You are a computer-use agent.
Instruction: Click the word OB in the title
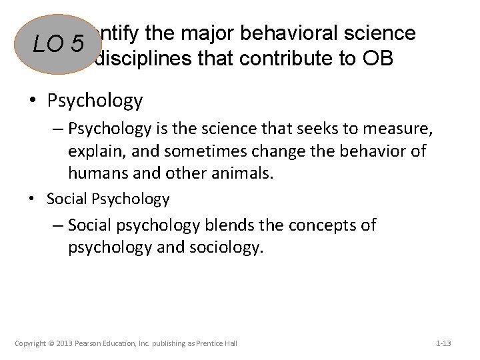[377, 59]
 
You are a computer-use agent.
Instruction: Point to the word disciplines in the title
[145, 59]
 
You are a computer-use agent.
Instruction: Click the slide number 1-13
[443, 343]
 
